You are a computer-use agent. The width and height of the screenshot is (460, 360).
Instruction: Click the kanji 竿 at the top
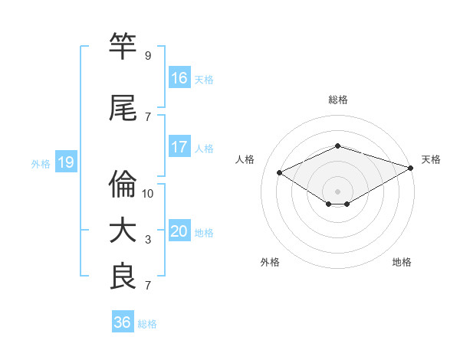(123, 47)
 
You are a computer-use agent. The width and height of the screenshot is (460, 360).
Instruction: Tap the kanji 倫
(123, 185)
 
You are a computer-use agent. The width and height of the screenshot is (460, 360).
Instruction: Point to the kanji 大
(123, 231)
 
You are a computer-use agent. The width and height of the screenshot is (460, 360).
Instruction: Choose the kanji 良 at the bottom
(123, 277)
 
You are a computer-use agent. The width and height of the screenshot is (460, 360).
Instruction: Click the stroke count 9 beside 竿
(148, 56)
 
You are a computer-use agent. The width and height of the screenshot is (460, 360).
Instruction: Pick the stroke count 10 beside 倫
(148, 194)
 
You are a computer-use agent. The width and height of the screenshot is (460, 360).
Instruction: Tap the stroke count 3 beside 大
(148, 240)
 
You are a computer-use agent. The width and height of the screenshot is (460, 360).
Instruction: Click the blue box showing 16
(179, 78)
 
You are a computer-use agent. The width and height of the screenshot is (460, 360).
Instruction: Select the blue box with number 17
(179, 147)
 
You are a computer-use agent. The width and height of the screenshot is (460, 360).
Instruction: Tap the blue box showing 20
(179, 231)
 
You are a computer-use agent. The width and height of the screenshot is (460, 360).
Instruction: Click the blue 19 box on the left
(65, 162)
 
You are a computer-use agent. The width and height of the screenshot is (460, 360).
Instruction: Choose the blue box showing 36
(123, 322)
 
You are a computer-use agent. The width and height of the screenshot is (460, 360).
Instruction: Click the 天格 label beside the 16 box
(204, 79)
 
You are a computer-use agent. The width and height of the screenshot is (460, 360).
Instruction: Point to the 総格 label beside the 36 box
(147, 324)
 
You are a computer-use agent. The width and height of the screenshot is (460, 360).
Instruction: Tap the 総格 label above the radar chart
(338, 100)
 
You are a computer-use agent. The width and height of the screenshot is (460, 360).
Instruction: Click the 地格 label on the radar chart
(402, 262)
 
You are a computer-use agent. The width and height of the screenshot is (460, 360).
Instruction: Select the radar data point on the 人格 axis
(280, 173)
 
